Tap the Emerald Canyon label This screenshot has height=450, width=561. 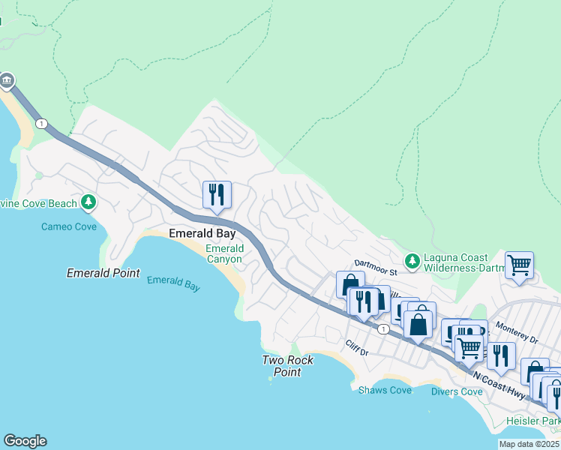click(x=224, y=253)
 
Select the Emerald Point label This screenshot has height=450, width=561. click(x=103, y=273)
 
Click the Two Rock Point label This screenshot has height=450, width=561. click(x=287, y=366)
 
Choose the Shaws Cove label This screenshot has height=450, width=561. click(x=385, y=390)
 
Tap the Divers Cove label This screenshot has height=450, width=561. click(x=457, y=391)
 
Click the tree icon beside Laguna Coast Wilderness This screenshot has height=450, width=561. click(x=412, y=261)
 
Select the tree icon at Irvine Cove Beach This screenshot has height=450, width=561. click(x=88, y=202)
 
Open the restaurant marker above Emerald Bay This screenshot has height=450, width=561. click(x=217, y=195)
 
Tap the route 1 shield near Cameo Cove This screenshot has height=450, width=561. click(x=41, y=124)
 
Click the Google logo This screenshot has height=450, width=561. click(x=25, y=441)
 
